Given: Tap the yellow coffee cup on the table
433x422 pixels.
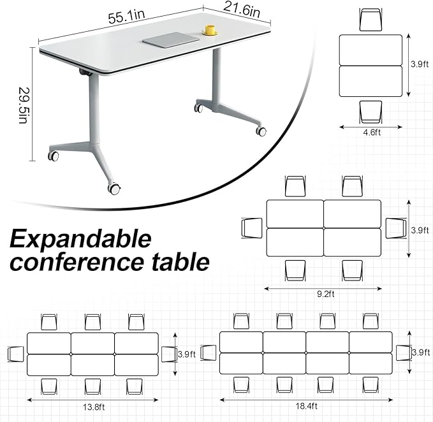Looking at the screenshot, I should pos(210,30).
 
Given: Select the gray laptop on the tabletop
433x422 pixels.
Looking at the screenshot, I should pos(170,40).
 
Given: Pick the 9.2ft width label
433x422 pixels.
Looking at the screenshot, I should pos(324,295).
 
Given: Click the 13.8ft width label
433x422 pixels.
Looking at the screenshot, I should pos(94,405).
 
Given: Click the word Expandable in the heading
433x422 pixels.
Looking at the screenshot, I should pos(81,240).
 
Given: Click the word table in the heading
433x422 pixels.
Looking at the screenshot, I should pos(183,262).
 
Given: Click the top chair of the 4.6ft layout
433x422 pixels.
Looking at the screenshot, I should pos(371,20).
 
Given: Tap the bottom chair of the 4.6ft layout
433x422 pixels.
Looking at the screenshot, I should pos(371,112).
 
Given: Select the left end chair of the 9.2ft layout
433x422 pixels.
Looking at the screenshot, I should pos(253,228).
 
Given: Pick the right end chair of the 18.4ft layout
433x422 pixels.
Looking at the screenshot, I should pos(404,353).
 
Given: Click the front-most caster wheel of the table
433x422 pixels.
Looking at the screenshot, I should pos(114,189).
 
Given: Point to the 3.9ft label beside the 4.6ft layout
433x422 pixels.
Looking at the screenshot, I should pos(418,64).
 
